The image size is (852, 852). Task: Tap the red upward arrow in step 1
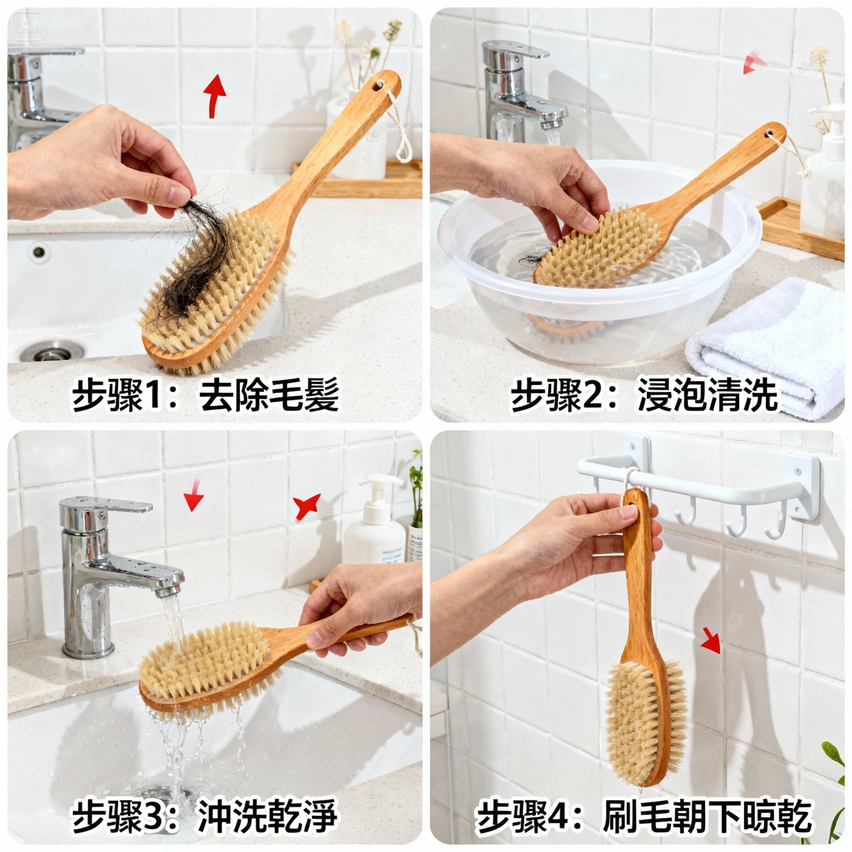(214, 96)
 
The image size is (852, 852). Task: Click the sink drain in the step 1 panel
(52, 351)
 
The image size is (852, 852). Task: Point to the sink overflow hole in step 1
(39, 252)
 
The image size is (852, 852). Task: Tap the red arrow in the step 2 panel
(753, 62)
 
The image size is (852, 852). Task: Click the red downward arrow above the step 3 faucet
(194, 494)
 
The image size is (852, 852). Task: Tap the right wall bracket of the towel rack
(802, 487)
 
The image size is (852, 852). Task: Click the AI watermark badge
(28, 26)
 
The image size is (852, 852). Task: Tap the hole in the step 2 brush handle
(770, 133)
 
